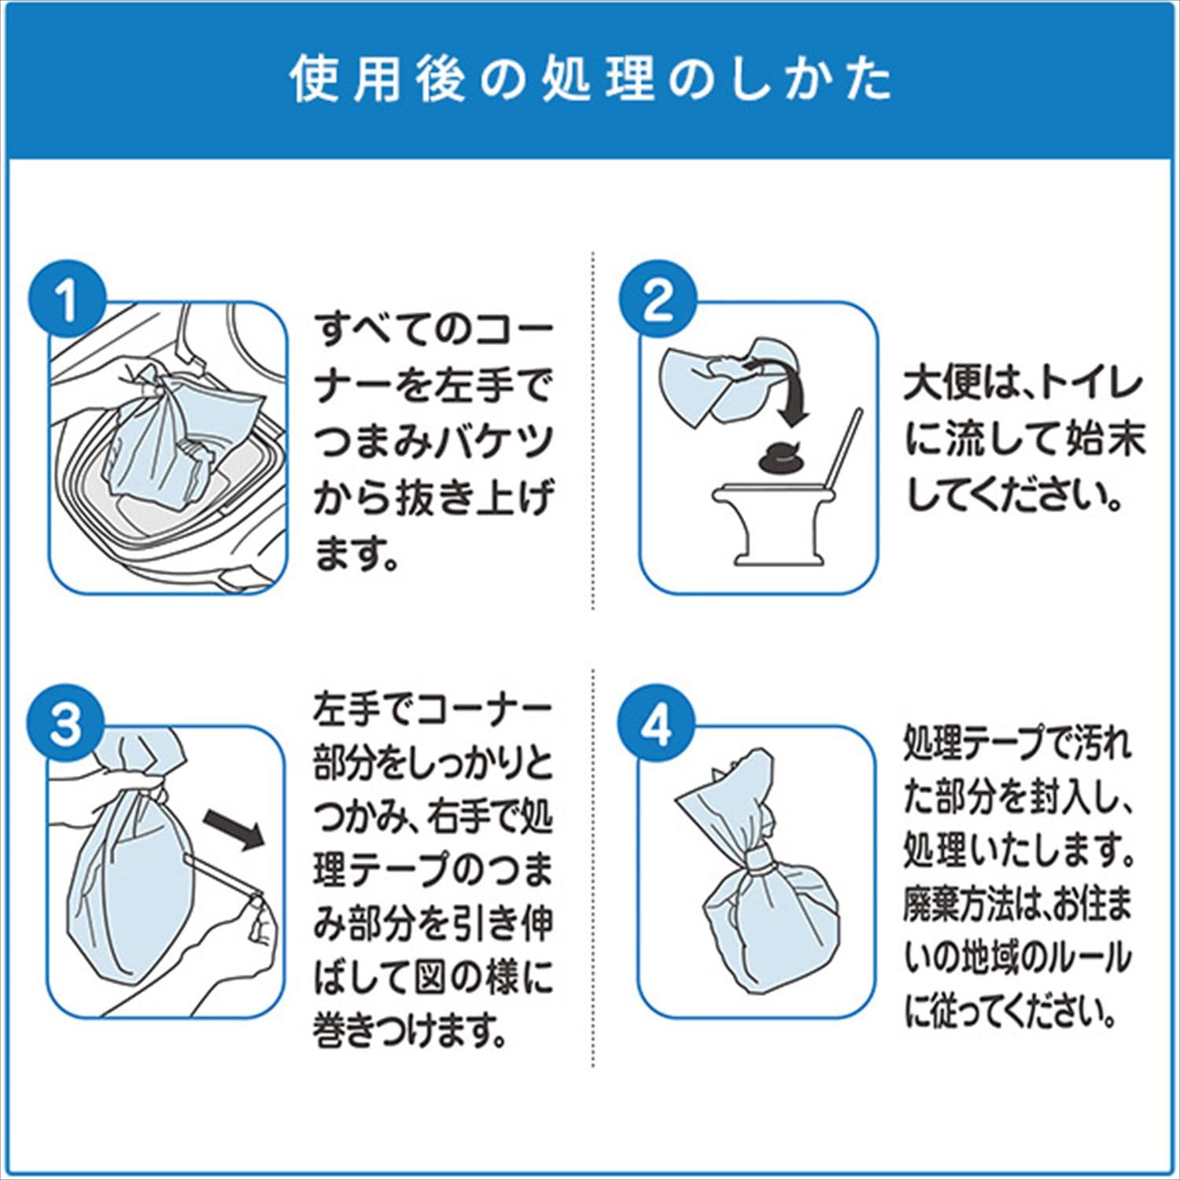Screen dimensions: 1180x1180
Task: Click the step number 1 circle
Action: point(68,301)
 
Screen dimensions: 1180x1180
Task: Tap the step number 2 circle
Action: point(658,301)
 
